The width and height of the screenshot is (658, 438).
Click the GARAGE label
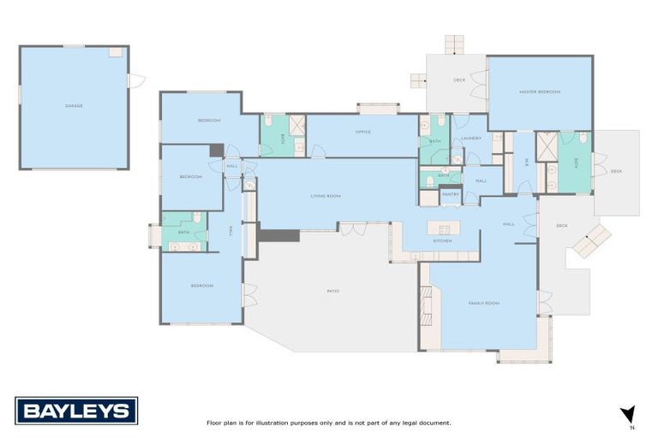click(74, 106)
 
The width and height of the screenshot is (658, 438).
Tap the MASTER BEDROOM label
click(540, 92)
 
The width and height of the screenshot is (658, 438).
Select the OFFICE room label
click(363, 132)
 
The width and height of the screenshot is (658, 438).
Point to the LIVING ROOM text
click(326, 196)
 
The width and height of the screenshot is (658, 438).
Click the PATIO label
click(333, 292)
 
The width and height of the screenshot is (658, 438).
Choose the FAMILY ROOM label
click(483, 303)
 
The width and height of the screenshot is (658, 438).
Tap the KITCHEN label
click(442, 241)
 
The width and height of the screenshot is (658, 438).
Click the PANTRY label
click(450, 195)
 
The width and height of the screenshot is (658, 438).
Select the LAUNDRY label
click(470, 138)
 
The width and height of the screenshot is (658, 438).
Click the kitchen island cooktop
click(444, 228)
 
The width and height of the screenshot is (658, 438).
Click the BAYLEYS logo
click(76, 411)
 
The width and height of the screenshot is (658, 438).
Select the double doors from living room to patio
click(351, 227)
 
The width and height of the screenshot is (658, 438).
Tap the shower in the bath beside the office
click(296, 125)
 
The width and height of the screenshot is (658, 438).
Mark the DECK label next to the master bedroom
click(616, 171)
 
